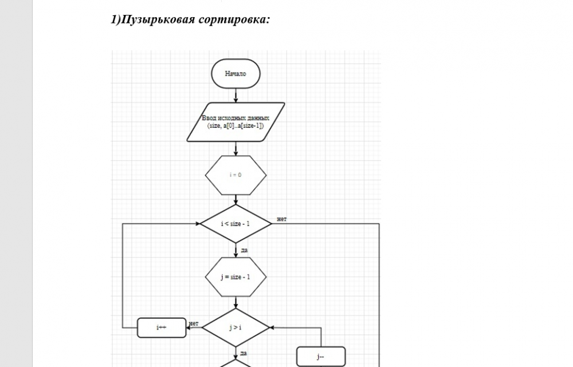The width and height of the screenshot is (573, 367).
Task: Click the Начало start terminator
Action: coord(236,74)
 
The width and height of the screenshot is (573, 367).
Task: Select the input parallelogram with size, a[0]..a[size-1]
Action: coord(236,121)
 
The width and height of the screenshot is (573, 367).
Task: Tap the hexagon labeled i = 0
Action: coord(236,175)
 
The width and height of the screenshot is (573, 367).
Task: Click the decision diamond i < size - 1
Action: coord(236,223)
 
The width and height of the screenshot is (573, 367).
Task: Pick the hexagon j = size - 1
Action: coord(236,277)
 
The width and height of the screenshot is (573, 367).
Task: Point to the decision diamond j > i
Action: coord(236,328)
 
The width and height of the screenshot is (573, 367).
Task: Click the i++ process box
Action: coord(162,327)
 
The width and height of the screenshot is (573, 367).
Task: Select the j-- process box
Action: coord(320,357)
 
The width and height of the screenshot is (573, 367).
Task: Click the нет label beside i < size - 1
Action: coord(282,219)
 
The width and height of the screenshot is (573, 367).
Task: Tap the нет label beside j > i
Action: coord(194,324)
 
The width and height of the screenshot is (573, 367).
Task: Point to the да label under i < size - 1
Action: coord(244,250)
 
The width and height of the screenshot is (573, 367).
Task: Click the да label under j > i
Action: coord(244,353)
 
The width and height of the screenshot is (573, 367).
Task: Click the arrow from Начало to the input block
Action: coord(236,96)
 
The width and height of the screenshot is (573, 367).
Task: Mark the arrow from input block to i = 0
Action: coord(236,148)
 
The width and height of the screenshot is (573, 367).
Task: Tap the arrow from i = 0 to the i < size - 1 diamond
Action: coord(236,200)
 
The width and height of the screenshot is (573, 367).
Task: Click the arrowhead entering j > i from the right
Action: coord(272,328)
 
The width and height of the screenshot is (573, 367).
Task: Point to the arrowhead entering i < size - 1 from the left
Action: coord(197,223)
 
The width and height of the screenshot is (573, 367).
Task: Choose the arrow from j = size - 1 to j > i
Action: coord(236,303)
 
